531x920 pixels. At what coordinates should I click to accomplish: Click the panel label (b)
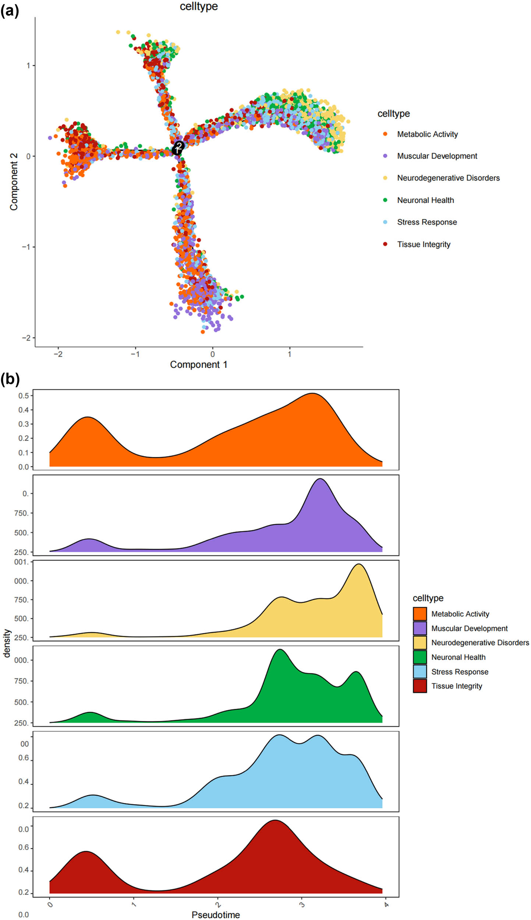click(x=10, y=379)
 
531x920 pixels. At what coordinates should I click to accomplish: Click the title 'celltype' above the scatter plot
click(x=199, y=7)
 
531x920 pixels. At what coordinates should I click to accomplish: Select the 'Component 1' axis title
click(x=198, y=365)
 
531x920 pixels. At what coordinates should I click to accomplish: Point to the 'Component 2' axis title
click(x=14, y=182)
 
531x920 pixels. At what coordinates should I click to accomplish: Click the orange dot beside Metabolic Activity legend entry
click(x=385, y=134)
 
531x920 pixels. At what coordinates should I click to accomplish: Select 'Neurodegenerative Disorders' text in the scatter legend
click(x=448, y=178)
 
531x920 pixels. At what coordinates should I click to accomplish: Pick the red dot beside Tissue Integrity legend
click(x=385, y=244)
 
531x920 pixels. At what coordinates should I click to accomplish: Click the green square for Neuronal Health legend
click(x=420, y=657)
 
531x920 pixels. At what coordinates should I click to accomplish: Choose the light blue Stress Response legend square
click(x=420, y=671)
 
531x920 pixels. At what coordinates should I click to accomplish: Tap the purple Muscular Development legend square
click(x=420, y=628)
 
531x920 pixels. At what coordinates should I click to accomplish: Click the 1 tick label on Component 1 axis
click(x=290, y=354)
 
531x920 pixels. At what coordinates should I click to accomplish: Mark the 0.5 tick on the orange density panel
click(x=24, y=396)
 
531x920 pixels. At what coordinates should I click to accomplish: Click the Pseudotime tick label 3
click(x=302, y=905)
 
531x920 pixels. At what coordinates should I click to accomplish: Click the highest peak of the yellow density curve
click(x=359, y=564)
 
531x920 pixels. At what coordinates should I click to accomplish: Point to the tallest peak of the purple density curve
click(x=321, y=479)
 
